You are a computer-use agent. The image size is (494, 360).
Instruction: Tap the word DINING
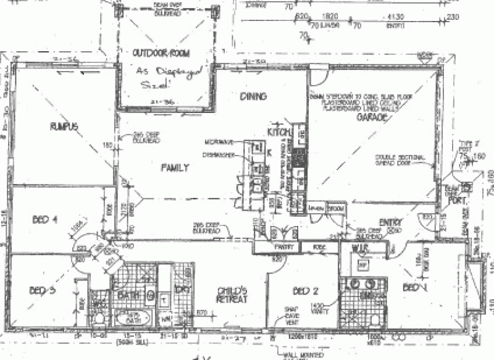[x=254, y=96]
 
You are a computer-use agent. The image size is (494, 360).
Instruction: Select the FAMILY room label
[x=175, y=167]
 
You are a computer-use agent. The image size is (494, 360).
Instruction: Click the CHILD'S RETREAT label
[x=232, y=295]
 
